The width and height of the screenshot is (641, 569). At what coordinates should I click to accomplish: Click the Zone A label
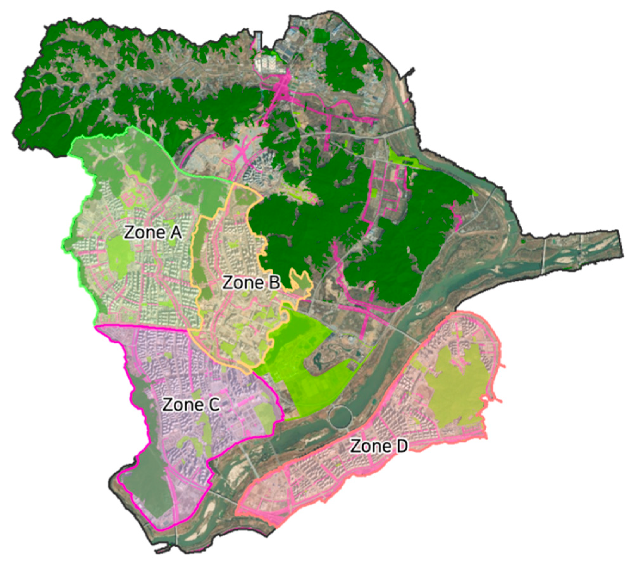(153, 232)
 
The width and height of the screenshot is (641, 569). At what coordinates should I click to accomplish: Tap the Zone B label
(251, 282)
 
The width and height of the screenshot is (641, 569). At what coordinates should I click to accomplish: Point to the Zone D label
(379, 446)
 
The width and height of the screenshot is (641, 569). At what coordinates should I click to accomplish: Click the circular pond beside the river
(340, 417)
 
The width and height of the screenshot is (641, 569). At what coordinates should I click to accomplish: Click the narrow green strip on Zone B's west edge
(198, 253)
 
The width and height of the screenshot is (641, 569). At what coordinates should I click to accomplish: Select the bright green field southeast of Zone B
(304, 364)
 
